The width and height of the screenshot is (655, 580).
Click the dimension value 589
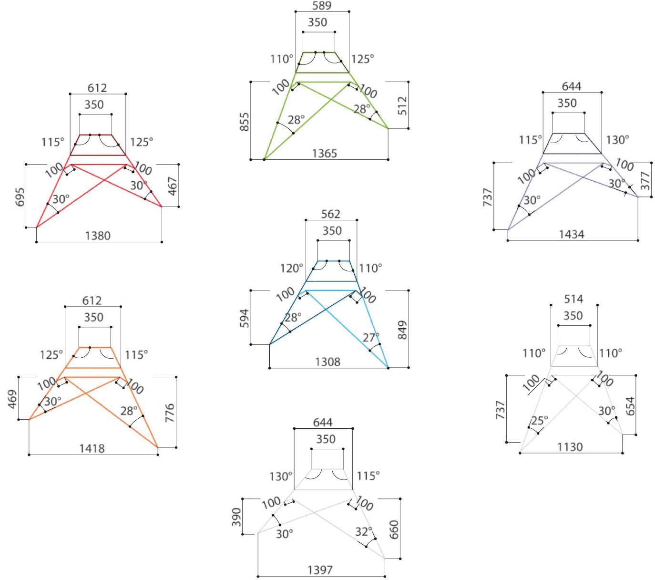pos(322,6)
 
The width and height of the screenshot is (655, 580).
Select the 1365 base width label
pos(324,153)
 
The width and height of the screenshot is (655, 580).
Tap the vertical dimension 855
pos(245,122)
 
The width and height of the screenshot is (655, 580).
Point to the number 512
pos(402,105)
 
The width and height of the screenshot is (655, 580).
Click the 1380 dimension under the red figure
pos(98,236)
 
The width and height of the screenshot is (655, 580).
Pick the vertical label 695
pos(20,197)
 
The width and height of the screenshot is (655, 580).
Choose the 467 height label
pos(173,186)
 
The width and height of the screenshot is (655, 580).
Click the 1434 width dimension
pos(572,234)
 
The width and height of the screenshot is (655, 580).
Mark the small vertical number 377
pos(645,181)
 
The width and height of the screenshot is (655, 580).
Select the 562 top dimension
pos(331,214)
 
